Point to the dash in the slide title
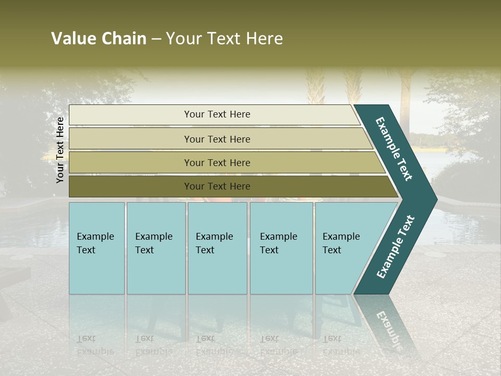(x=156, y=39)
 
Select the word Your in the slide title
(x=183, y=39)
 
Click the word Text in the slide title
(x=223, y=39)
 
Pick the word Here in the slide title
(x=264, y=39)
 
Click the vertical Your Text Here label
(x=60, y=150)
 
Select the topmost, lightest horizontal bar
(x=217, y=114)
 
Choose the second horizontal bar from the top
(x=217, y=139)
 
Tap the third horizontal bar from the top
(x=217, y=162)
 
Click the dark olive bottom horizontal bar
(x=217, y=186)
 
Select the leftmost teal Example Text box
(x=97, y=248)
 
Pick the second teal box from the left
(x=156, y=248)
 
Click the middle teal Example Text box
(x=217, y=248)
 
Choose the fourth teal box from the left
(x=281, y=248)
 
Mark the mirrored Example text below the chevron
(x=388, y=328)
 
